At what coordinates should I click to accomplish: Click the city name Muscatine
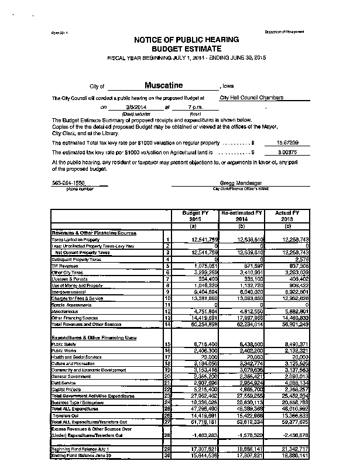(x=164, y=85)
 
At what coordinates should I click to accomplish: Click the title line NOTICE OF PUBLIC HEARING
(x=186, y=40)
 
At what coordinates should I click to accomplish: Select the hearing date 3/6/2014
(x=135, y=108)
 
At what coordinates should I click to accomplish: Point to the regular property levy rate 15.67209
(x=288, y=142)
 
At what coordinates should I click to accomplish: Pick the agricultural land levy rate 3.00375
(x=288, y=152)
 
